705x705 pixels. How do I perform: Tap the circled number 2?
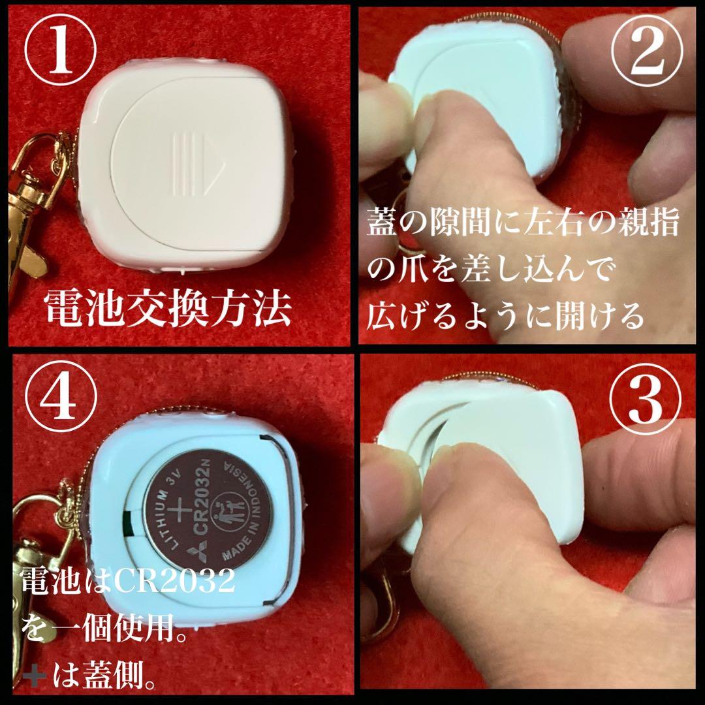[648, 50]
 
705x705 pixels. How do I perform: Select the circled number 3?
[646, 399]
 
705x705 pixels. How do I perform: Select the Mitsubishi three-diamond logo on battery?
[197, 553]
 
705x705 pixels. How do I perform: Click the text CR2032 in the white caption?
[174, 580]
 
